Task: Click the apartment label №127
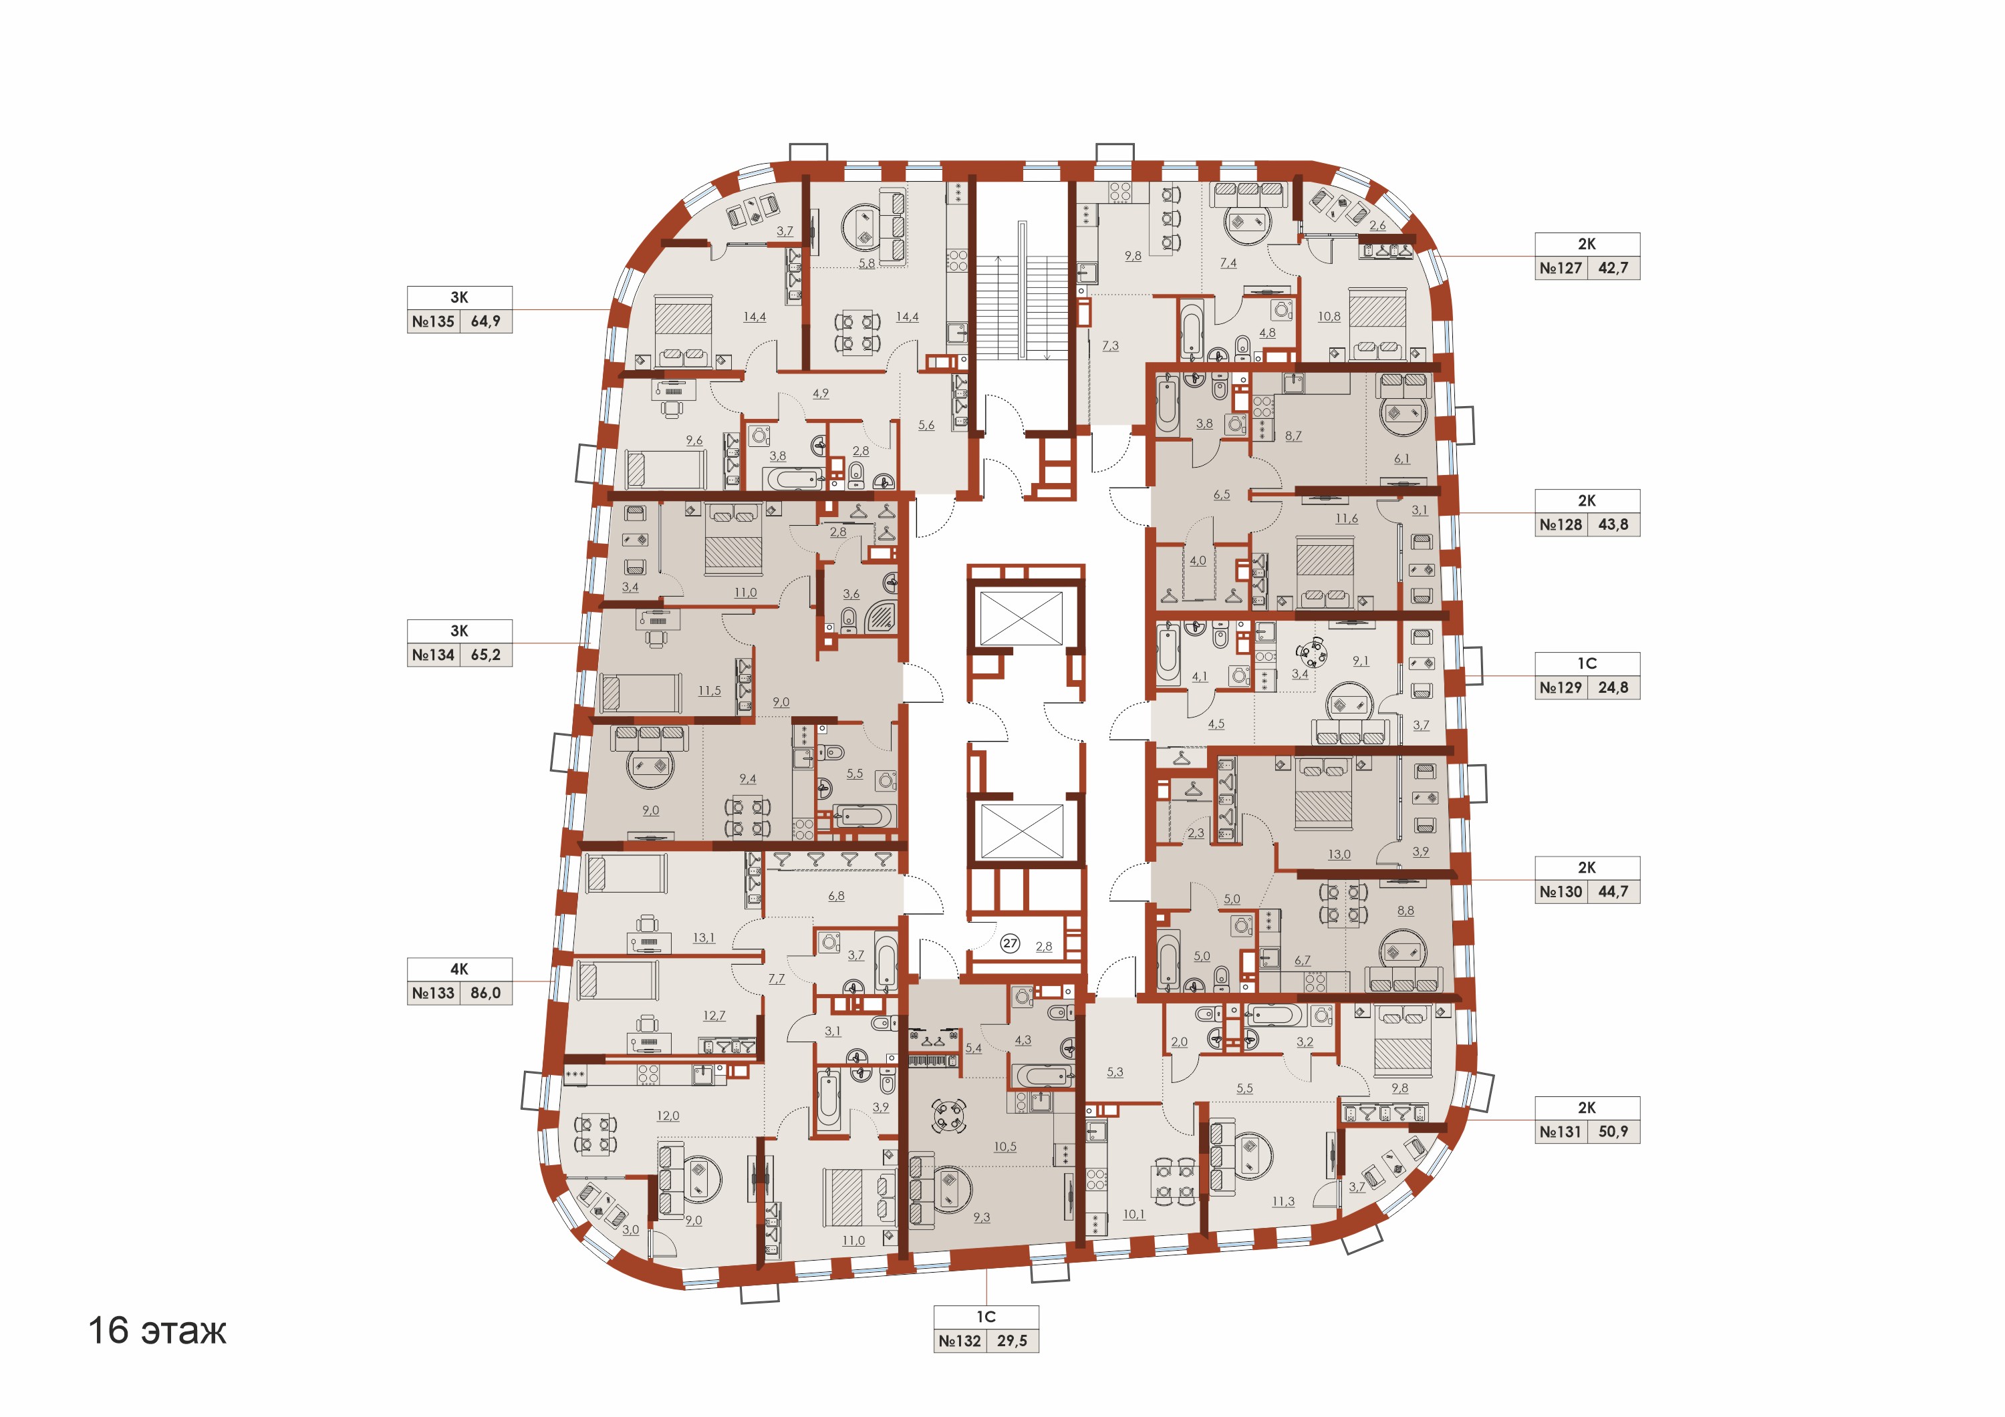[1561, 268]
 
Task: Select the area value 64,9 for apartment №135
[485, 321]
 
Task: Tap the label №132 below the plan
[960, 1340]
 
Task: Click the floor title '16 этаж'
[157, 1331]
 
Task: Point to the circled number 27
[1011, 943]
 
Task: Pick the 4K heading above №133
[459, 969]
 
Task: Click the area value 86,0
[485, 993]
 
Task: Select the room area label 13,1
[704, 938]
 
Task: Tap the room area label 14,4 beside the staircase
[908, 317]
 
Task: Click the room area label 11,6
[1347, 518]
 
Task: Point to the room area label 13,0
[1339, 854]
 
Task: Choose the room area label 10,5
[1005, 1146]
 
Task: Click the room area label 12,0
[668, 1116]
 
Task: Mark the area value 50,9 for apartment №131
[1614, 1132]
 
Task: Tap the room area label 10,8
[1329, 317]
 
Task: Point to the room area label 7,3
[1110, 346]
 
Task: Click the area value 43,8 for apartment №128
[1614, 524]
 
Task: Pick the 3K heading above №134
[459, 631]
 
